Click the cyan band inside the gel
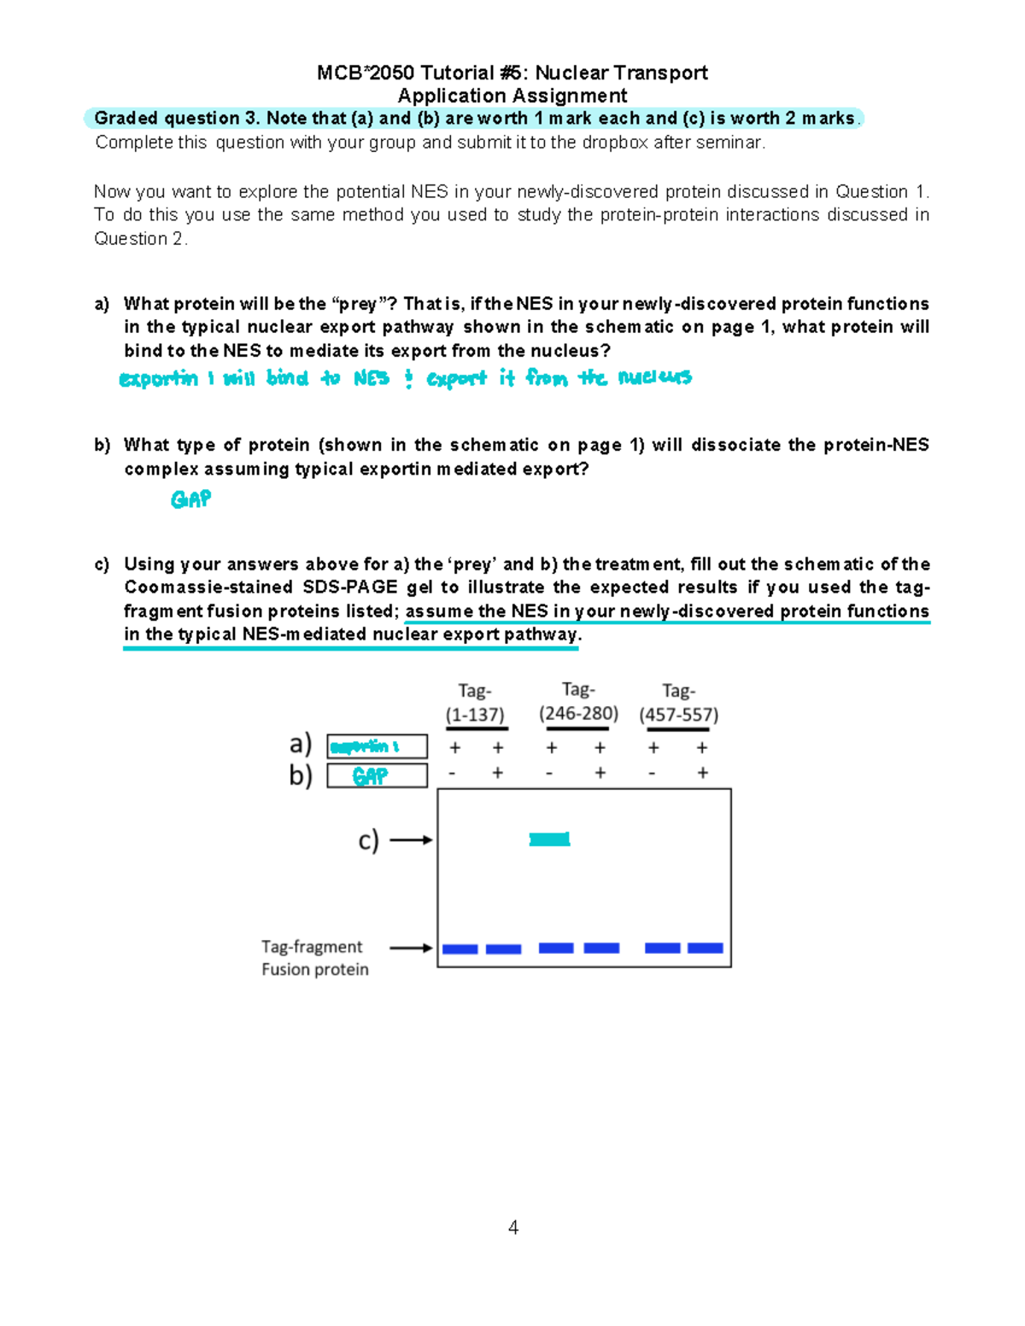coord(549,839)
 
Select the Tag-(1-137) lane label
coord(475,703)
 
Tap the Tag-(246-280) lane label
coord(578,701)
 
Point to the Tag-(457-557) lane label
coord(679,703)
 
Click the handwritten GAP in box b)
coord(370,775)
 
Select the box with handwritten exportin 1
coord(377,746)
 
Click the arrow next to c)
coord(411,840)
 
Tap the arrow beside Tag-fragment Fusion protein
coord(411,948)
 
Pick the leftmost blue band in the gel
coord(460,949)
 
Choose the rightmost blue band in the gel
coord(706,948)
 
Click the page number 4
coord(512,1227)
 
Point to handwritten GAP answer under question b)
coord(190,499)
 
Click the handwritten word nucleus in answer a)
coord(654,377)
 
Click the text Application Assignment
coord(512,96)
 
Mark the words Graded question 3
coord(177,118)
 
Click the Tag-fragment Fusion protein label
coord(314,958)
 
